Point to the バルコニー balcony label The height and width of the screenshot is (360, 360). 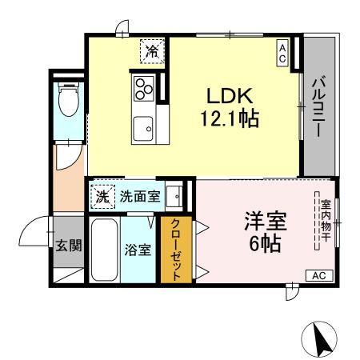click(318, 109)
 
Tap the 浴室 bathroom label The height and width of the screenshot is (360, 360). click(138, 250)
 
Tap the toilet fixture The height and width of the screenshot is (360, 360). click(68, 101)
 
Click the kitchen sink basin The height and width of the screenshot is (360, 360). click(145, 126)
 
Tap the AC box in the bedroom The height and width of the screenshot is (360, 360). click(318, 276)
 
